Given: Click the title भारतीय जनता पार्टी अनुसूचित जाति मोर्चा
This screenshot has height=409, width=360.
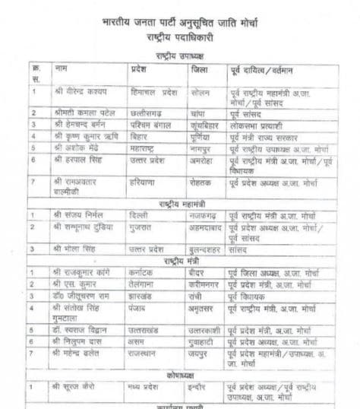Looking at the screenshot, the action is [181, 27].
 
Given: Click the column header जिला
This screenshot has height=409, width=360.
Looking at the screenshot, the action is [201, 69].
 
